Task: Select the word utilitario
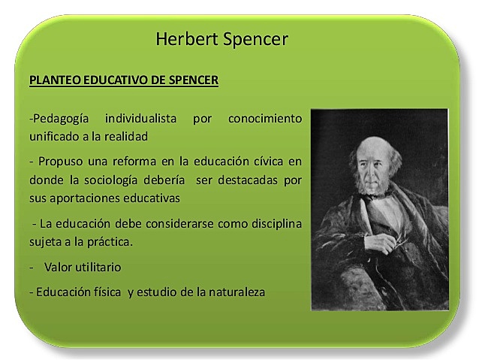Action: (x=94, y=267)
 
